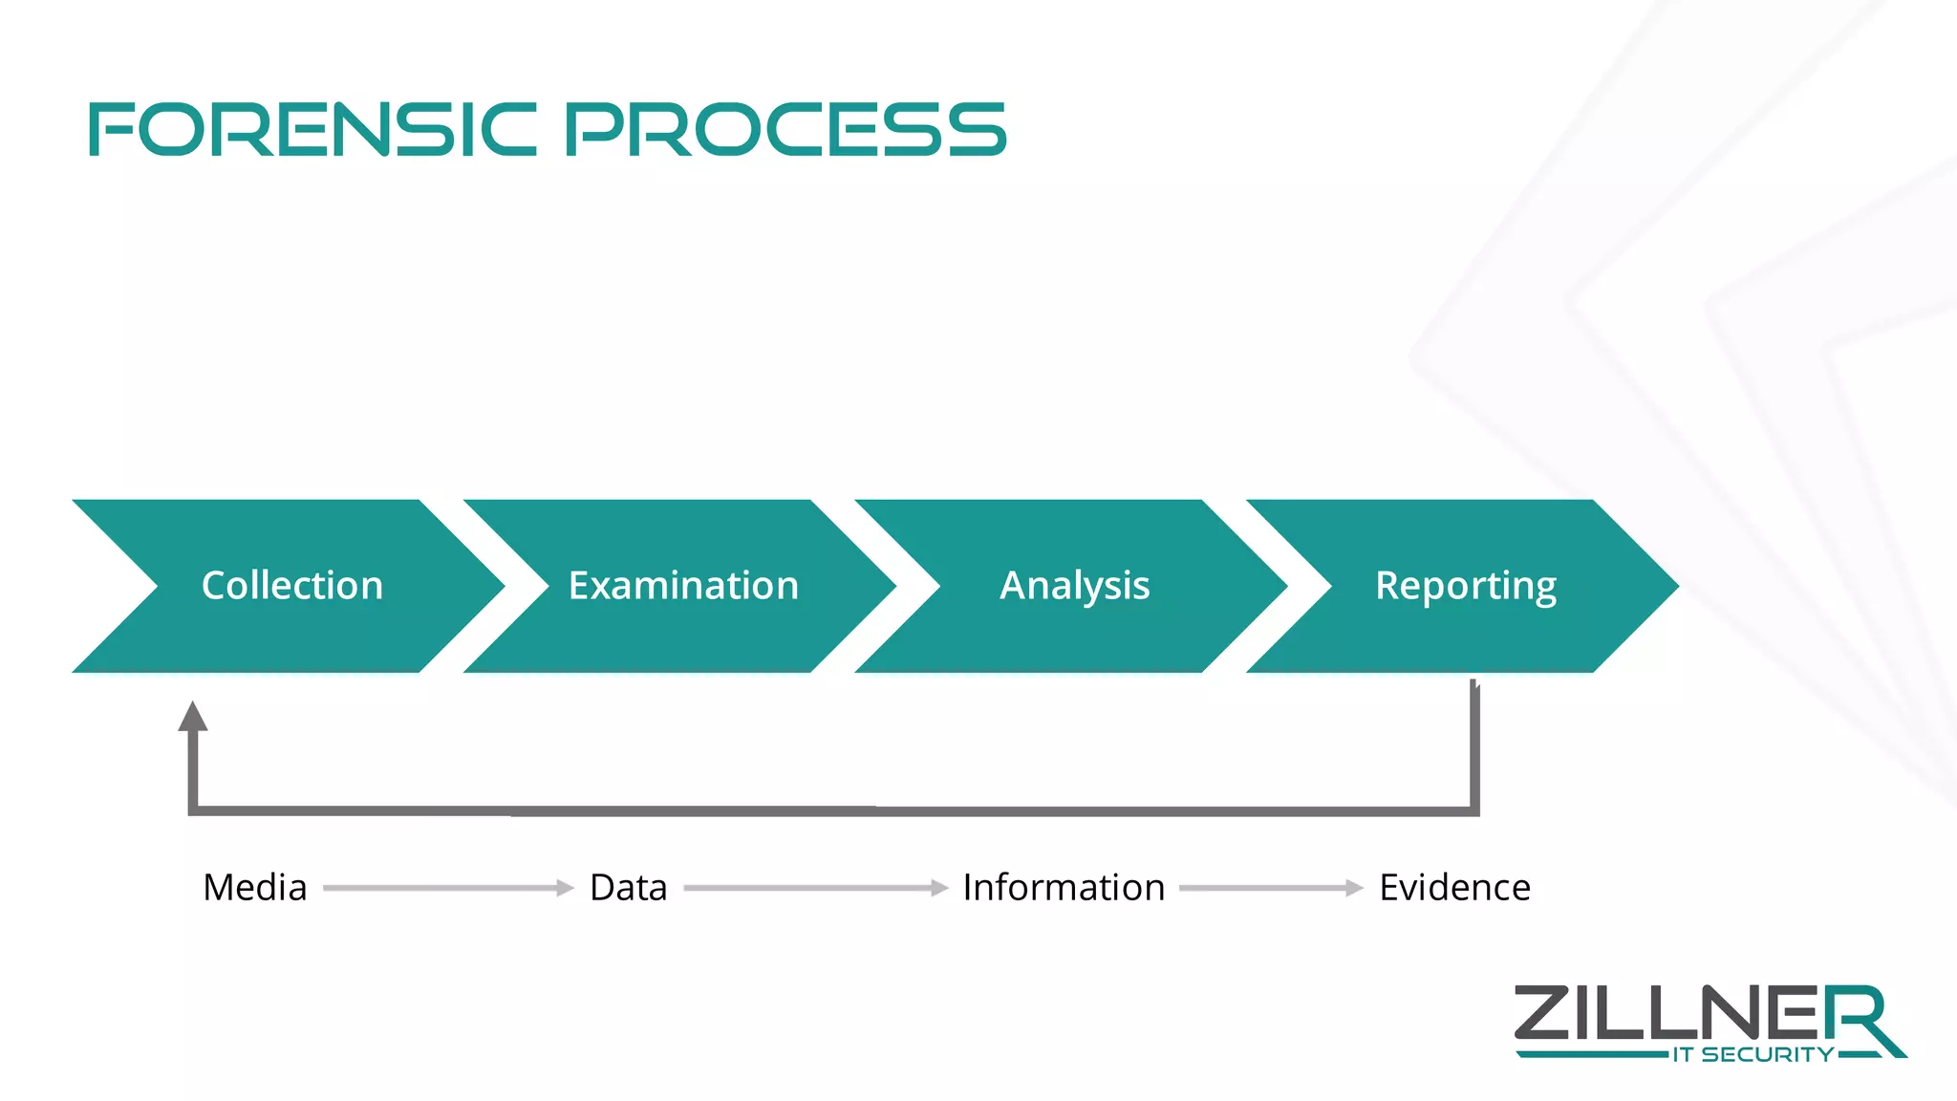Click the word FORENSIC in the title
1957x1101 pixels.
[312, 130]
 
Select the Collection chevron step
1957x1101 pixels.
[291, 585]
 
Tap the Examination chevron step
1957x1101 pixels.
[683, 585]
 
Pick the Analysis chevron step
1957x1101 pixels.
[1074, 585]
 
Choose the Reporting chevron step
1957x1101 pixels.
[1465, 585]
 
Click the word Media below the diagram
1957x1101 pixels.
[255, 888]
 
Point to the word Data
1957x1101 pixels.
[628, 888]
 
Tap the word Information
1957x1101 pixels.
[1064, 888]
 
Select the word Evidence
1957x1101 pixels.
[1454, 888]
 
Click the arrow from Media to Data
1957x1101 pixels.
[448, 888]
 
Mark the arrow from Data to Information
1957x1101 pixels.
[815, 888]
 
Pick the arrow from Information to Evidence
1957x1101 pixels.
[1271, 888]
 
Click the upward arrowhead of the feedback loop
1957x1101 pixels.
[193, 717]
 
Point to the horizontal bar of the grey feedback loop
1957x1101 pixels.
[831, 811]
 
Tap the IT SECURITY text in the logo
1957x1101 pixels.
[1753, 1055]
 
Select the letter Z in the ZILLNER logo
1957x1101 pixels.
[1541, 1013]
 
